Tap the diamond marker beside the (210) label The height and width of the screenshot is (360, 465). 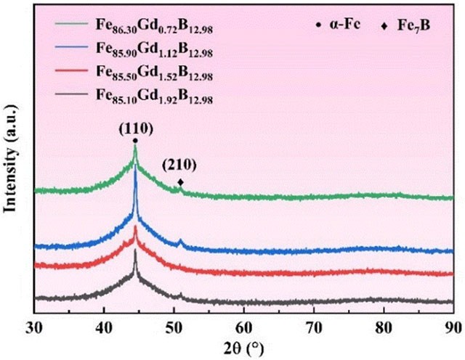click(x=180, y=183)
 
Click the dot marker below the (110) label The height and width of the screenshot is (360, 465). click(x=135, y=141)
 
